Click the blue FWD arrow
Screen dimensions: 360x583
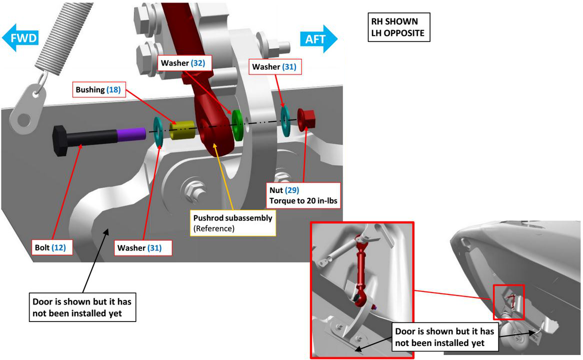20,38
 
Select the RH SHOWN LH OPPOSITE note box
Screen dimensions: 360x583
398,27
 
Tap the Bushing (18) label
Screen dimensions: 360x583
98,90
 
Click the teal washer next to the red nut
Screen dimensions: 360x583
285,120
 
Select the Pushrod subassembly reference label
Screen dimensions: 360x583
233,223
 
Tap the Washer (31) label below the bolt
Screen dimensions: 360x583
139,247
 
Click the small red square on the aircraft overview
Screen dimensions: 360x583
509,301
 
